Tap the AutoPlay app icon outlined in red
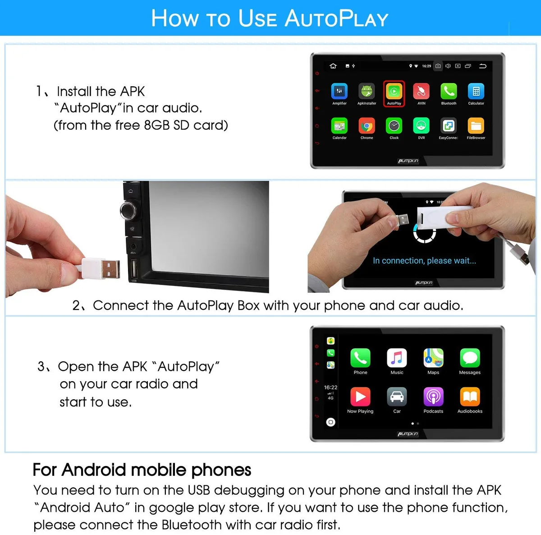pyautogui.click(x=394, y=91)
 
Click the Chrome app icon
pyautogui.click(x=367, y=125)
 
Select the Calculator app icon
pyautogui.click(x=476, y=91)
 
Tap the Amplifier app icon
pyautogui.click(x=339, y=91)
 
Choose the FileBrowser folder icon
pyautogui.click(x=476, y=125)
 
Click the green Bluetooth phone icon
pyautogui.click(x=449, y=91)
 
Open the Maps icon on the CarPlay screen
pyautogui.click(x=433, y=358)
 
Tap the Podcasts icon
pyautogui.click(x=433, y=397)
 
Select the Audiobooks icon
pyautogui.click(x=470, y=397)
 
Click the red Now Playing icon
pyautogui.click(x=360, y=397)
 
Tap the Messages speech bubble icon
pyautogui.click(x=470, y=358)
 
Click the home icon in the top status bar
pyautogui.click(x=333, y=66)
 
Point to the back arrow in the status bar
pyautogui.click(x=482, y=66)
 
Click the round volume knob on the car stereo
pyautogui.click(x=129, y=210)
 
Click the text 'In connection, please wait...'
pyautogui.click(x=424, y=260)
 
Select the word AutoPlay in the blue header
pyautogui.click(x=336, y=18)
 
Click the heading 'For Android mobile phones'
pyautogui.click(x=142, y=470)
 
